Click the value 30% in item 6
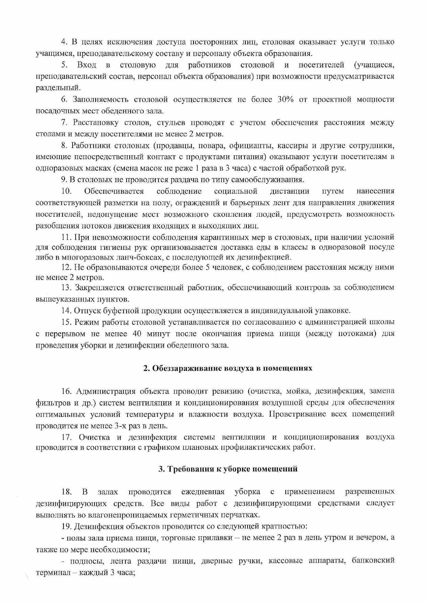tap(285, 100)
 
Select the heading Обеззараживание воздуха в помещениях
tap(228, 368)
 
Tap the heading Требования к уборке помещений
tap(228, 469)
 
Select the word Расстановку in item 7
tap(93, 123)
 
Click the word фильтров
tap(51, 402)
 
